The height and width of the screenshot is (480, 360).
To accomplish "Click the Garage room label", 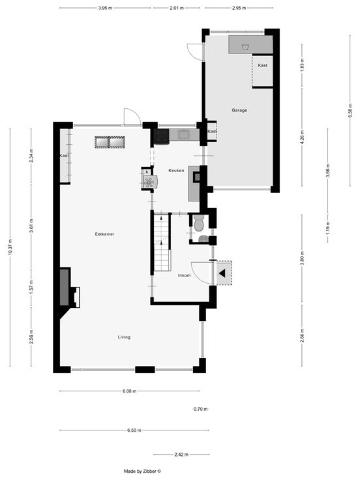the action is pyautogui.click(x=239, y=110).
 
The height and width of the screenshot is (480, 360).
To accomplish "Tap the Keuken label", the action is pyautogui.click(x=176, y=170).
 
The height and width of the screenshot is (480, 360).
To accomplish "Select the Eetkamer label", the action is pyautogui.click(x=105, y=234).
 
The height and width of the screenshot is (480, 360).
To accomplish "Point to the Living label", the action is pyautogui.click(x=124, y=337).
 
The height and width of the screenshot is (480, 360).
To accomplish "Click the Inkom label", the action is pyautogui.click(x=185, y=275).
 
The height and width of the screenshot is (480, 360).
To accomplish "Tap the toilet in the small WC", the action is pyautogui.click(x=199, y=222).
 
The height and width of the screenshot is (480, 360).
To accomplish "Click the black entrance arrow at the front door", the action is pyautogui.click(x=222, y=273).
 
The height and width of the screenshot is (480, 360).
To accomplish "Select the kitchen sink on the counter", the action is pyautogui.click(x=185, y=134).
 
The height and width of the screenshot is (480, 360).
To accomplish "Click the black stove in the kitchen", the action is pyautogui.click(x=161, y=136).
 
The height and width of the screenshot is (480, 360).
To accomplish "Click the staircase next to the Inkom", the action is pyautogui.click(x=161, y=243).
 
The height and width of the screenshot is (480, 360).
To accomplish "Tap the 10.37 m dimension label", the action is pyautogui.click(x=10, y=247).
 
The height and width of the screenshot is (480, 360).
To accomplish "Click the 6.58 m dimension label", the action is pyautogui.click(x=350, y=110).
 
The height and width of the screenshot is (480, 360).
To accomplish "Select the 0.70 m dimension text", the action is pyautogui.click(x=200, y=409).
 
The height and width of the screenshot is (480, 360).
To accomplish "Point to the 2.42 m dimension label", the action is pyautogui.click(x=181, y=455).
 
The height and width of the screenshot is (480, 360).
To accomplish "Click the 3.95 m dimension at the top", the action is pyautogui.click(x=105, y=8).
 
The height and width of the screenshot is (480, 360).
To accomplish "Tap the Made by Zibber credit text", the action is pyautogui.click(x=142, y=472).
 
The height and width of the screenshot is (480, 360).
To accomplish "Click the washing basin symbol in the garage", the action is pyautogui.click(x=245, y=47).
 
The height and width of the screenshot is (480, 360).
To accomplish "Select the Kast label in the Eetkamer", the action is pyautogui.click(x=65, y=156).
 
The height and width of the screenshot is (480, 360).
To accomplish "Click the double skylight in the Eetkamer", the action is pyautogui.click(x=110, y=142).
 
